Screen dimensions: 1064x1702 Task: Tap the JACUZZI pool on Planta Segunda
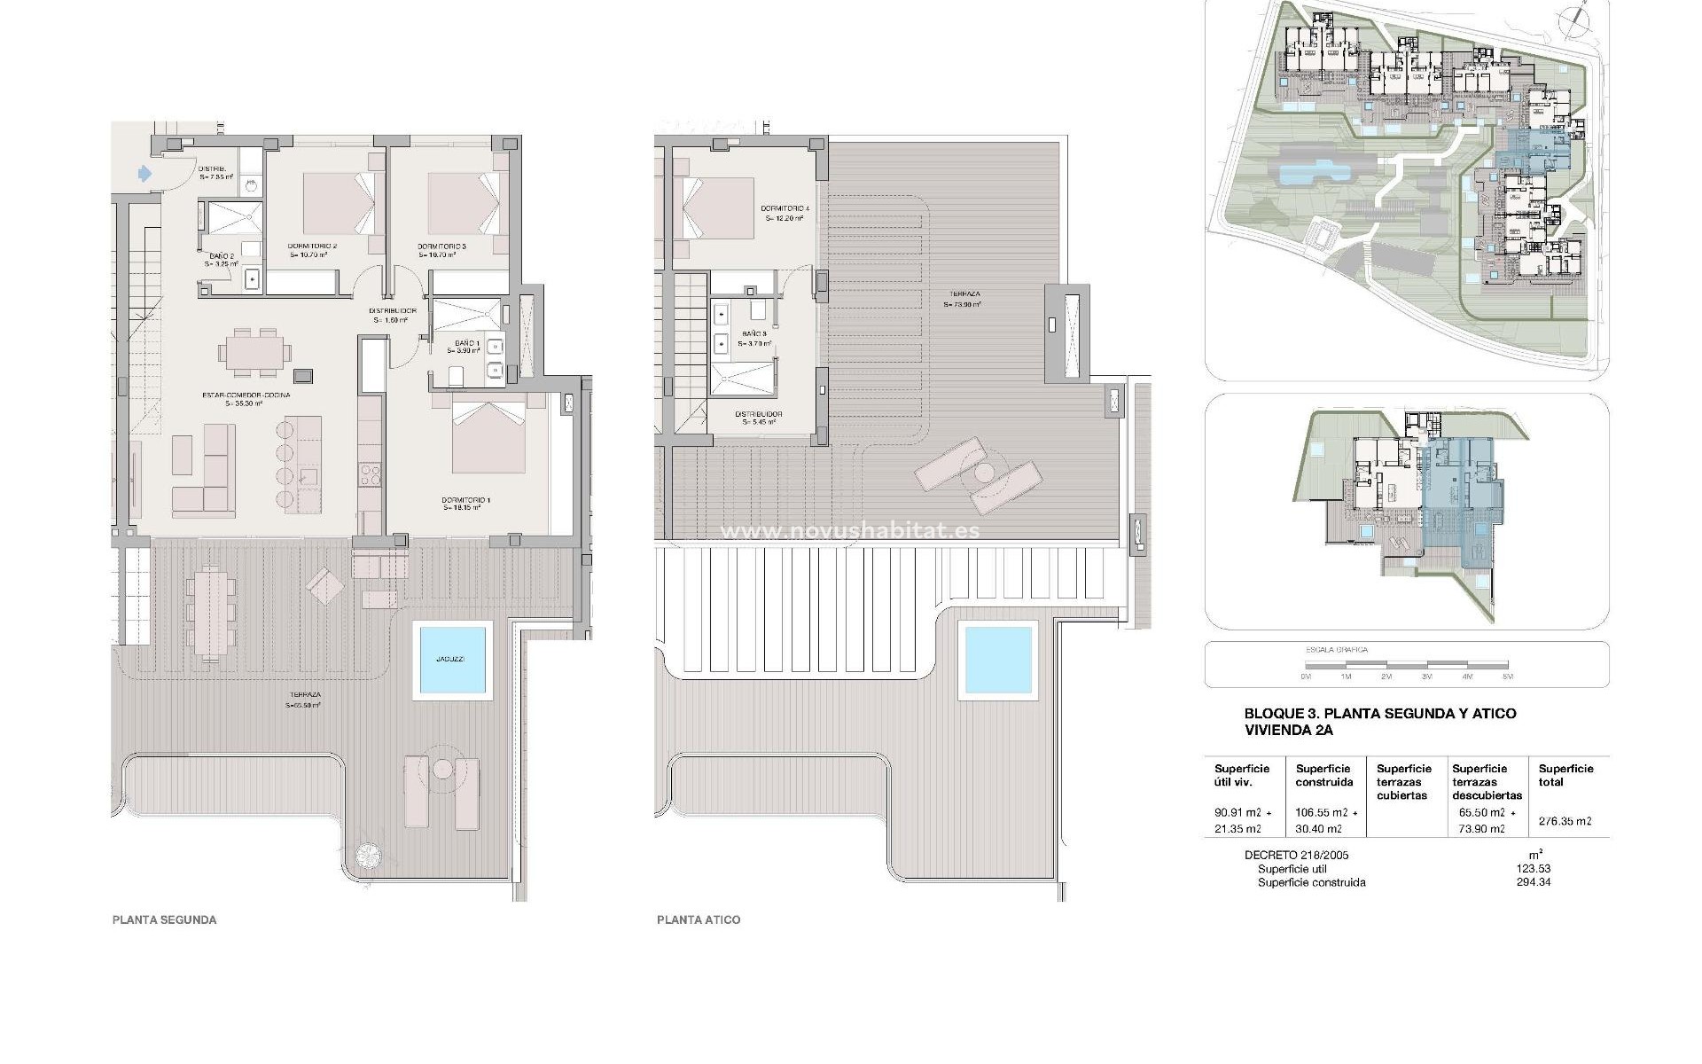(452, 661)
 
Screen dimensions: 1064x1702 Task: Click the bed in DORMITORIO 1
(489, 436)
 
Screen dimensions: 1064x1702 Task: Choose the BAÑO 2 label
(216, 259)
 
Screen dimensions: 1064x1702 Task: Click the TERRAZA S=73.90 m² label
(962, 299)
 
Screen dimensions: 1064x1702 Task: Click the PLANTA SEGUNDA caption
(164, 920)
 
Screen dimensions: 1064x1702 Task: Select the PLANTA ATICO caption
(698, 920)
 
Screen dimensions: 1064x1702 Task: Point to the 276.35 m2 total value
(1565, 821)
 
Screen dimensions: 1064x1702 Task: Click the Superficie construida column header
(1323, 775)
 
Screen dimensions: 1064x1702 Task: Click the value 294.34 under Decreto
(1534, 882)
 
